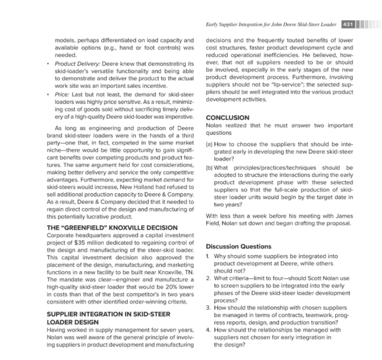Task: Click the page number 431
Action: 346,25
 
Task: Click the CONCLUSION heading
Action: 228,118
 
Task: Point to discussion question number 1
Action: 207,256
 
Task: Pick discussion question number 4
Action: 207,330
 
